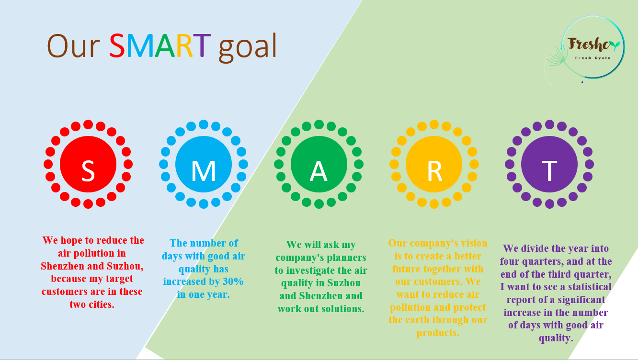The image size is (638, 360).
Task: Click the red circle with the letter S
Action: coord(88,164)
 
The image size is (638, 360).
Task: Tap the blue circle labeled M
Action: coord(204,164)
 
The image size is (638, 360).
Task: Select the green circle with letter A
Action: coord(319,164)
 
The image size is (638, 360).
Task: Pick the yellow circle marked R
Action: coord(434,164)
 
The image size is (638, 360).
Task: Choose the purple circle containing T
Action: coord(549,164)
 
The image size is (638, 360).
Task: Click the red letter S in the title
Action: coord(117,45)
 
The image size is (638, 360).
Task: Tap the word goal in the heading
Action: coord(248,47)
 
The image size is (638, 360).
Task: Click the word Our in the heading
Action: coord(73,46)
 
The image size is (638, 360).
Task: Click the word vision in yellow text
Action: coord(472,243)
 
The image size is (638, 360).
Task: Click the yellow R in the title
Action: coord(184,45)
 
